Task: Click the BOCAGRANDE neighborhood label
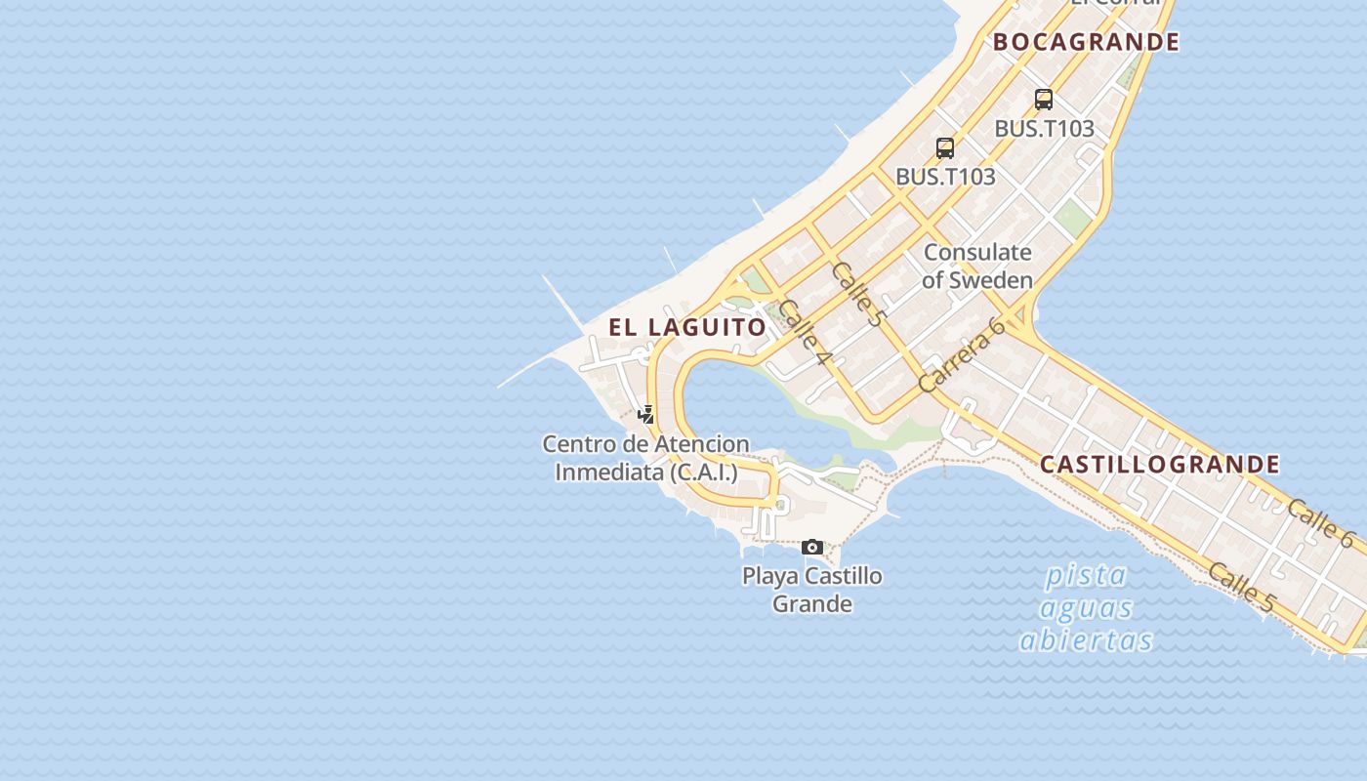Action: [x=1086, y=42]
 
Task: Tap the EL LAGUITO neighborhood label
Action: [x=687, y=327]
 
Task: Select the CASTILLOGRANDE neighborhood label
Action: [x=1159, y=464]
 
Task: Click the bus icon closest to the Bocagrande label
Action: [x=1044, y=99]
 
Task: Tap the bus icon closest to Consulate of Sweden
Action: [x=945, y=148]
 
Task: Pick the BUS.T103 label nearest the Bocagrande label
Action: [x=1044, y=129]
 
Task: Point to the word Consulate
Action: [x=977, y=253]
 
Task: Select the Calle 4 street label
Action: [x=805, y=332]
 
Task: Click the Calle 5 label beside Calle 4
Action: [x=857, y=294]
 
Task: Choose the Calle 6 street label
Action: [x=1320, y=522]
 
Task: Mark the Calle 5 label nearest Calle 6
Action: [x=1241, y=587]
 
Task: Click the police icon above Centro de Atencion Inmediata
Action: [x=645, y=414]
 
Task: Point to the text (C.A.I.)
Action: [x=703, y=473]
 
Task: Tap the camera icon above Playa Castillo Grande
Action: [x=811, y=547]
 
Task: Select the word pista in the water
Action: [x=1085, y=576]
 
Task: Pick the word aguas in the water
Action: [x=1086, y=608]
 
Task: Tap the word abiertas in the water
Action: [x=1086, y=640]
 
